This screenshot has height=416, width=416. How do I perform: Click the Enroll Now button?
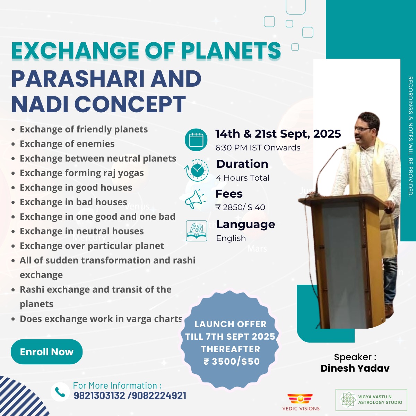47,352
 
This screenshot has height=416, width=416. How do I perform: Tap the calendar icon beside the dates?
196,140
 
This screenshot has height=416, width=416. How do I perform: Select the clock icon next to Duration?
197,171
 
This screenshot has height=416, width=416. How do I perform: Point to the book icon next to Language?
197,231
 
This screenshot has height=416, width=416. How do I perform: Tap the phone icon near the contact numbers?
60,392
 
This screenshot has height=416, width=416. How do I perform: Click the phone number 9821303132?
99,396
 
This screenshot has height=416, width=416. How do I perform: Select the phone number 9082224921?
159,396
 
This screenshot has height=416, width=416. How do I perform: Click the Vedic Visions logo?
301,402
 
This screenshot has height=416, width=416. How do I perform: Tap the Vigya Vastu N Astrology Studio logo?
371,400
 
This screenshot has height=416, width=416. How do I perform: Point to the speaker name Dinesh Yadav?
355,368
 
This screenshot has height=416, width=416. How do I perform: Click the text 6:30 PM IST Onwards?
258,148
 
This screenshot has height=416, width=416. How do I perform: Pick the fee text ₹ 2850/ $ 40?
240,207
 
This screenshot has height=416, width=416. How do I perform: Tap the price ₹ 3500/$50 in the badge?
232,362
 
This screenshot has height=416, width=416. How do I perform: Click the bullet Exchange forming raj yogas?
82,173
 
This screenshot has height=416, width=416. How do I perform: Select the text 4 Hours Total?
243,178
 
